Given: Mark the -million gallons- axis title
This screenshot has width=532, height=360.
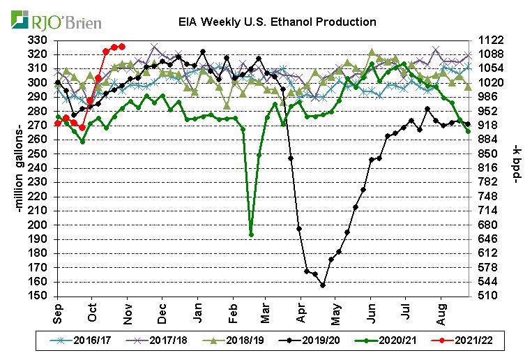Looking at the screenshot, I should pos(15,168).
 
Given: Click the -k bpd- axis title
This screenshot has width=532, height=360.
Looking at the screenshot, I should pos(517,168).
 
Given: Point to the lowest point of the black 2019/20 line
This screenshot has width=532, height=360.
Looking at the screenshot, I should pos(323,285).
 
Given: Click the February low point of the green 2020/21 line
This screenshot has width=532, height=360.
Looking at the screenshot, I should pos(251,234).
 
